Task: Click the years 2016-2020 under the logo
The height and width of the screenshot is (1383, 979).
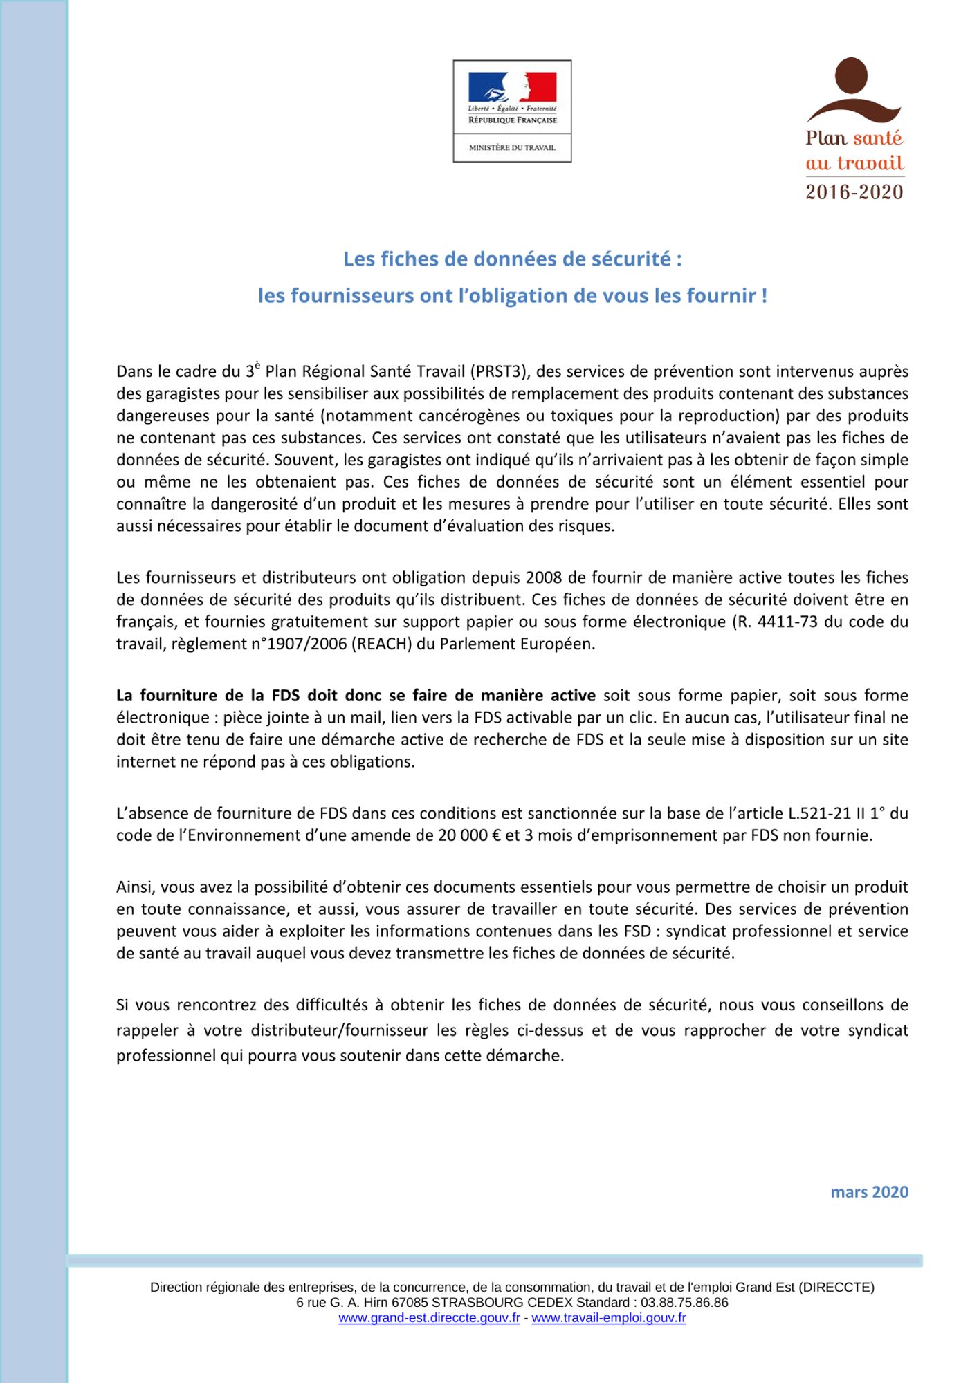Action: tap(854, 192)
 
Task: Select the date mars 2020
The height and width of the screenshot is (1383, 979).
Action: tap(869, 1191)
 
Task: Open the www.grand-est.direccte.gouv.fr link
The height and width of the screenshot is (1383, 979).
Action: tap(429, 1317)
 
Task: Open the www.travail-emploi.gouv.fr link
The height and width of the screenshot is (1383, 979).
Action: tap(608, 1317)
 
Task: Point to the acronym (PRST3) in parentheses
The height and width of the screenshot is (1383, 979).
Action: tap(500, 371)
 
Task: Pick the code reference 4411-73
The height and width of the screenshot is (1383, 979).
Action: tap(788, 622)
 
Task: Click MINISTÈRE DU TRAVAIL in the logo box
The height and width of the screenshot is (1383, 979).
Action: tap(512, 147)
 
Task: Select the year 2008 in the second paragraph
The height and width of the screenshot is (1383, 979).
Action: tap(545, 577)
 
